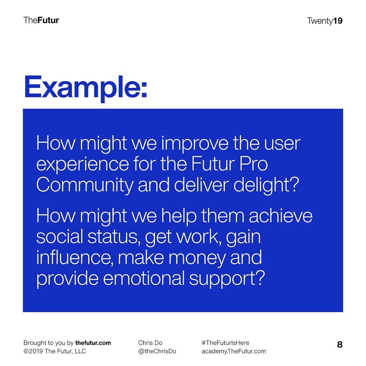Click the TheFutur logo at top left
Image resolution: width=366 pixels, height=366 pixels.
[x=41, y=20]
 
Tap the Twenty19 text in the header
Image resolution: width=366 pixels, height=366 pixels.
[x=325, y=21]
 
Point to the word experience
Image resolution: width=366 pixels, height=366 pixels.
[x=83, y=164]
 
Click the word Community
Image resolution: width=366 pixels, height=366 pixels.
[x=85, y=185]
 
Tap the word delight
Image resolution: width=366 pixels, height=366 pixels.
[x=266, y=185]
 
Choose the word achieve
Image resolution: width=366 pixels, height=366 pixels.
[x=281, y=216]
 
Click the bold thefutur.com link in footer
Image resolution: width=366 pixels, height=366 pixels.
[x=93, y=343]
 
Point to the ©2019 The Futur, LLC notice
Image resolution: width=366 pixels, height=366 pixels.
[x=55, y=351]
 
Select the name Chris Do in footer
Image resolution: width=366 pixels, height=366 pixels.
[x=150, y=343]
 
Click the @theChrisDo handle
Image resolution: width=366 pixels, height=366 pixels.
[x=157, y=351]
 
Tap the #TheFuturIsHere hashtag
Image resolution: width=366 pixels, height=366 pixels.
[x=225, y=343]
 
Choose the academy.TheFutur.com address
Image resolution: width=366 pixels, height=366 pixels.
[x=233, y=351]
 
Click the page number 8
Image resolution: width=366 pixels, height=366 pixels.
[x=340, y=345]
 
